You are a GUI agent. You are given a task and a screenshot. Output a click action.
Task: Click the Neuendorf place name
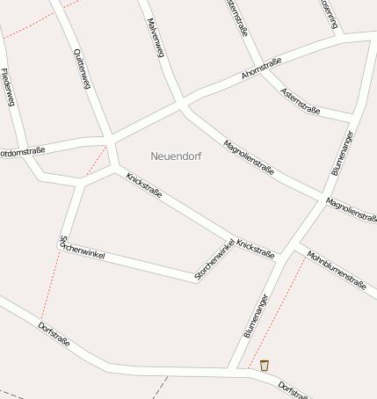176,156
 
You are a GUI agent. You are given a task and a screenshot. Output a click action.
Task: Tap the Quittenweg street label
80,69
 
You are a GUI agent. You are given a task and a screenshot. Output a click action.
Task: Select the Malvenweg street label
155,38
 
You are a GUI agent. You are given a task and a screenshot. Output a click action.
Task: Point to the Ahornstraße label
262,69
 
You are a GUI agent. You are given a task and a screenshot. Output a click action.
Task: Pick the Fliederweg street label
8,87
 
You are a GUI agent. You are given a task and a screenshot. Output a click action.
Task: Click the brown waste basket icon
264,365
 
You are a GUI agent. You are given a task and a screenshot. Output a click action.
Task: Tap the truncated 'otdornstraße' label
22,151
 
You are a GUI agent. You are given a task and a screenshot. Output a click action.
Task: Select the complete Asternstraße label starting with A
300,103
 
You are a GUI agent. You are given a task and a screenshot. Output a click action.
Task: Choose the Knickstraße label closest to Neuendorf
144,185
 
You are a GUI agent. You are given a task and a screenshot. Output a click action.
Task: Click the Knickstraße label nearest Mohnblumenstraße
256,249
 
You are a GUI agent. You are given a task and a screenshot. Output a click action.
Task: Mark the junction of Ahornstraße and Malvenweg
181,103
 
